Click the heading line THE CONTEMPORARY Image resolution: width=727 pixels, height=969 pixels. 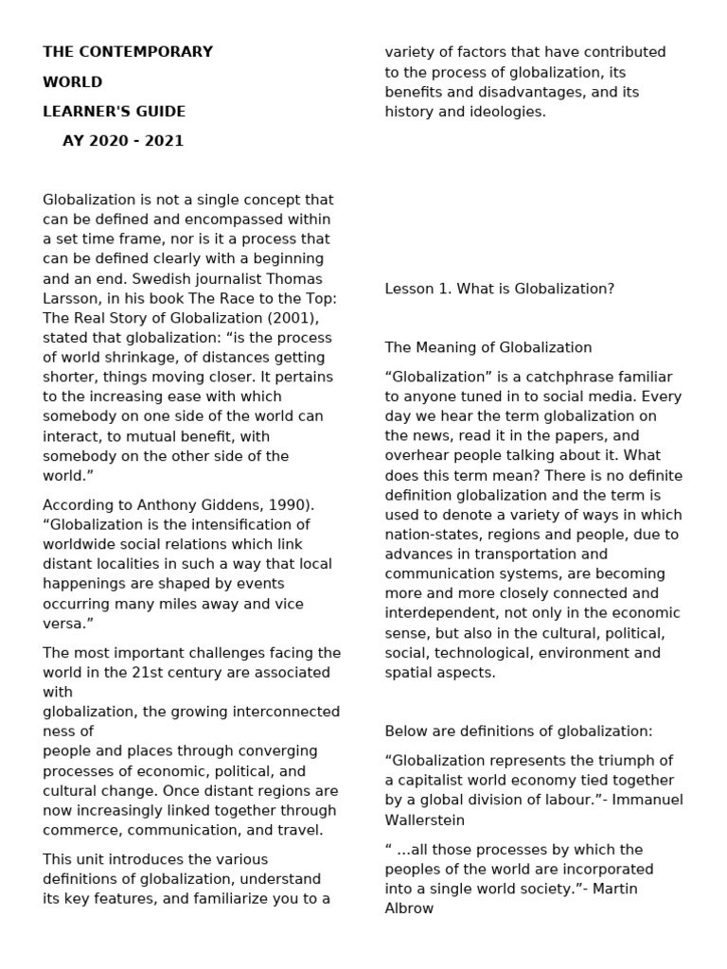[x=128, y=52]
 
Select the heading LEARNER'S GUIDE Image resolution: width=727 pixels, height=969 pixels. [x=114, y=112]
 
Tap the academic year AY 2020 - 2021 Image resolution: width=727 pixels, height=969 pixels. [x=123, y=141]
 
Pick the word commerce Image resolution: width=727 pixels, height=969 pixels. [x=84, y=830]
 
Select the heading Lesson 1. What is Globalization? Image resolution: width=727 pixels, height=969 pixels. [x=499, y=289]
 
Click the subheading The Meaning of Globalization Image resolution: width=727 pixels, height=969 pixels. [x=488, y=347]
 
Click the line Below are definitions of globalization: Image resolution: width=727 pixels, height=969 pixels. [x=518, y=731]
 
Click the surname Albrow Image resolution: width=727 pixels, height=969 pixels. [x=409, y=908]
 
